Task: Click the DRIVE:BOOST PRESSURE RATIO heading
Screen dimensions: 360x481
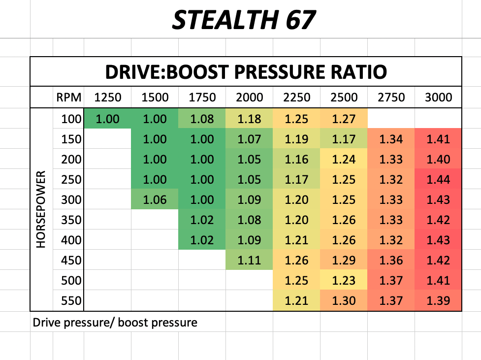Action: (x=246, y=72)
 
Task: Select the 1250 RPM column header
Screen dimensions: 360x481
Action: (x=107, y=97)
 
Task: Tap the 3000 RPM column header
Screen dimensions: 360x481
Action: (x=438, y=97)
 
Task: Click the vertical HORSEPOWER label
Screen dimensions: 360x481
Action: (x=41, y=210)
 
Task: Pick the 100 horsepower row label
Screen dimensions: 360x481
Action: (x=70, y=119)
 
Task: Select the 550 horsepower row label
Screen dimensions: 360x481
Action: (x=70, y=300)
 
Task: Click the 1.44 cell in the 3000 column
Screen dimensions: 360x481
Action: (x=438, y=179)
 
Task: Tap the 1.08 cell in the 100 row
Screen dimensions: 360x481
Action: (x=202, y=119)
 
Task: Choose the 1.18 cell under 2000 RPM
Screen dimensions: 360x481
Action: (x=249, y=119)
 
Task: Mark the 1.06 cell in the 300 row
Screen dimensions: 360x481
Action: (x=155, y=199)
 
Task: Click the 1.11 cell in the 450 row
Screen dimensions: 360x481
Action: (x=249, y=260)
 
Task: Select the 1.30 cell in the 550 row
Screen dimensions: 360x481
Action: (x=344, y=300)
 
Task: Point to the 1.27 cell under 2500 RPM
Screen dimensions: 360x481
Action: (x=344, y=119)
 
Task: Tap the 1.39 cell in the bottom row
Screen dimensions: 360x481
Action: (x=438, y=300)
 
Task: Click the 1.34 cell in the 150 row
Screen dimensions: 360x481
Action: (x=391, y=139)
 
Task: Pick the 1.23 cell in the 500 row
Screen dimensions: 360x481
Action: (x=344, y=280)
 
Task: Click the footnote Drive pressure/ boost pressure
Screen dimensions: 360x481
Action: (x=115, y=323)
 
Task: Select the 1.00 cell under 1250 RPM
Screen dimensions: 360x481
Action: (x=107, y=119)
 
